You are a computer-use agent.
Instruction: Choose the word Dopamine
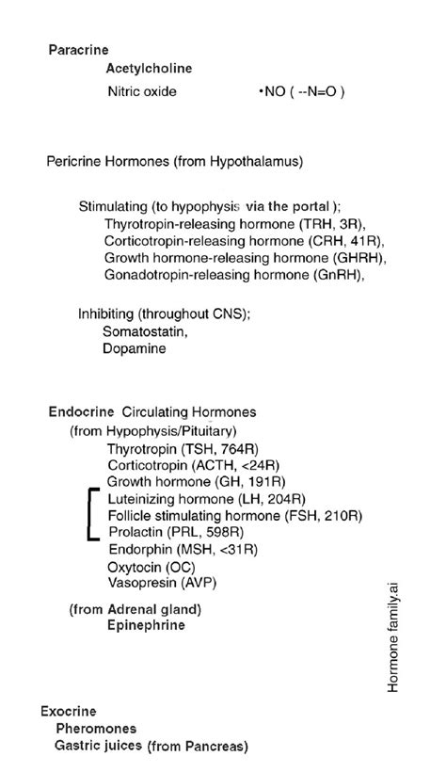click(x=135, y=348)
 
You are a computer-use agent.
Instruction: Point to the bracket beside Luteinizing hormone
click(x=91, y=515)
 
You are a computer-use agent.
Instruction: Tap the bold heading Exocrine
click(x=69, y=711)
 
